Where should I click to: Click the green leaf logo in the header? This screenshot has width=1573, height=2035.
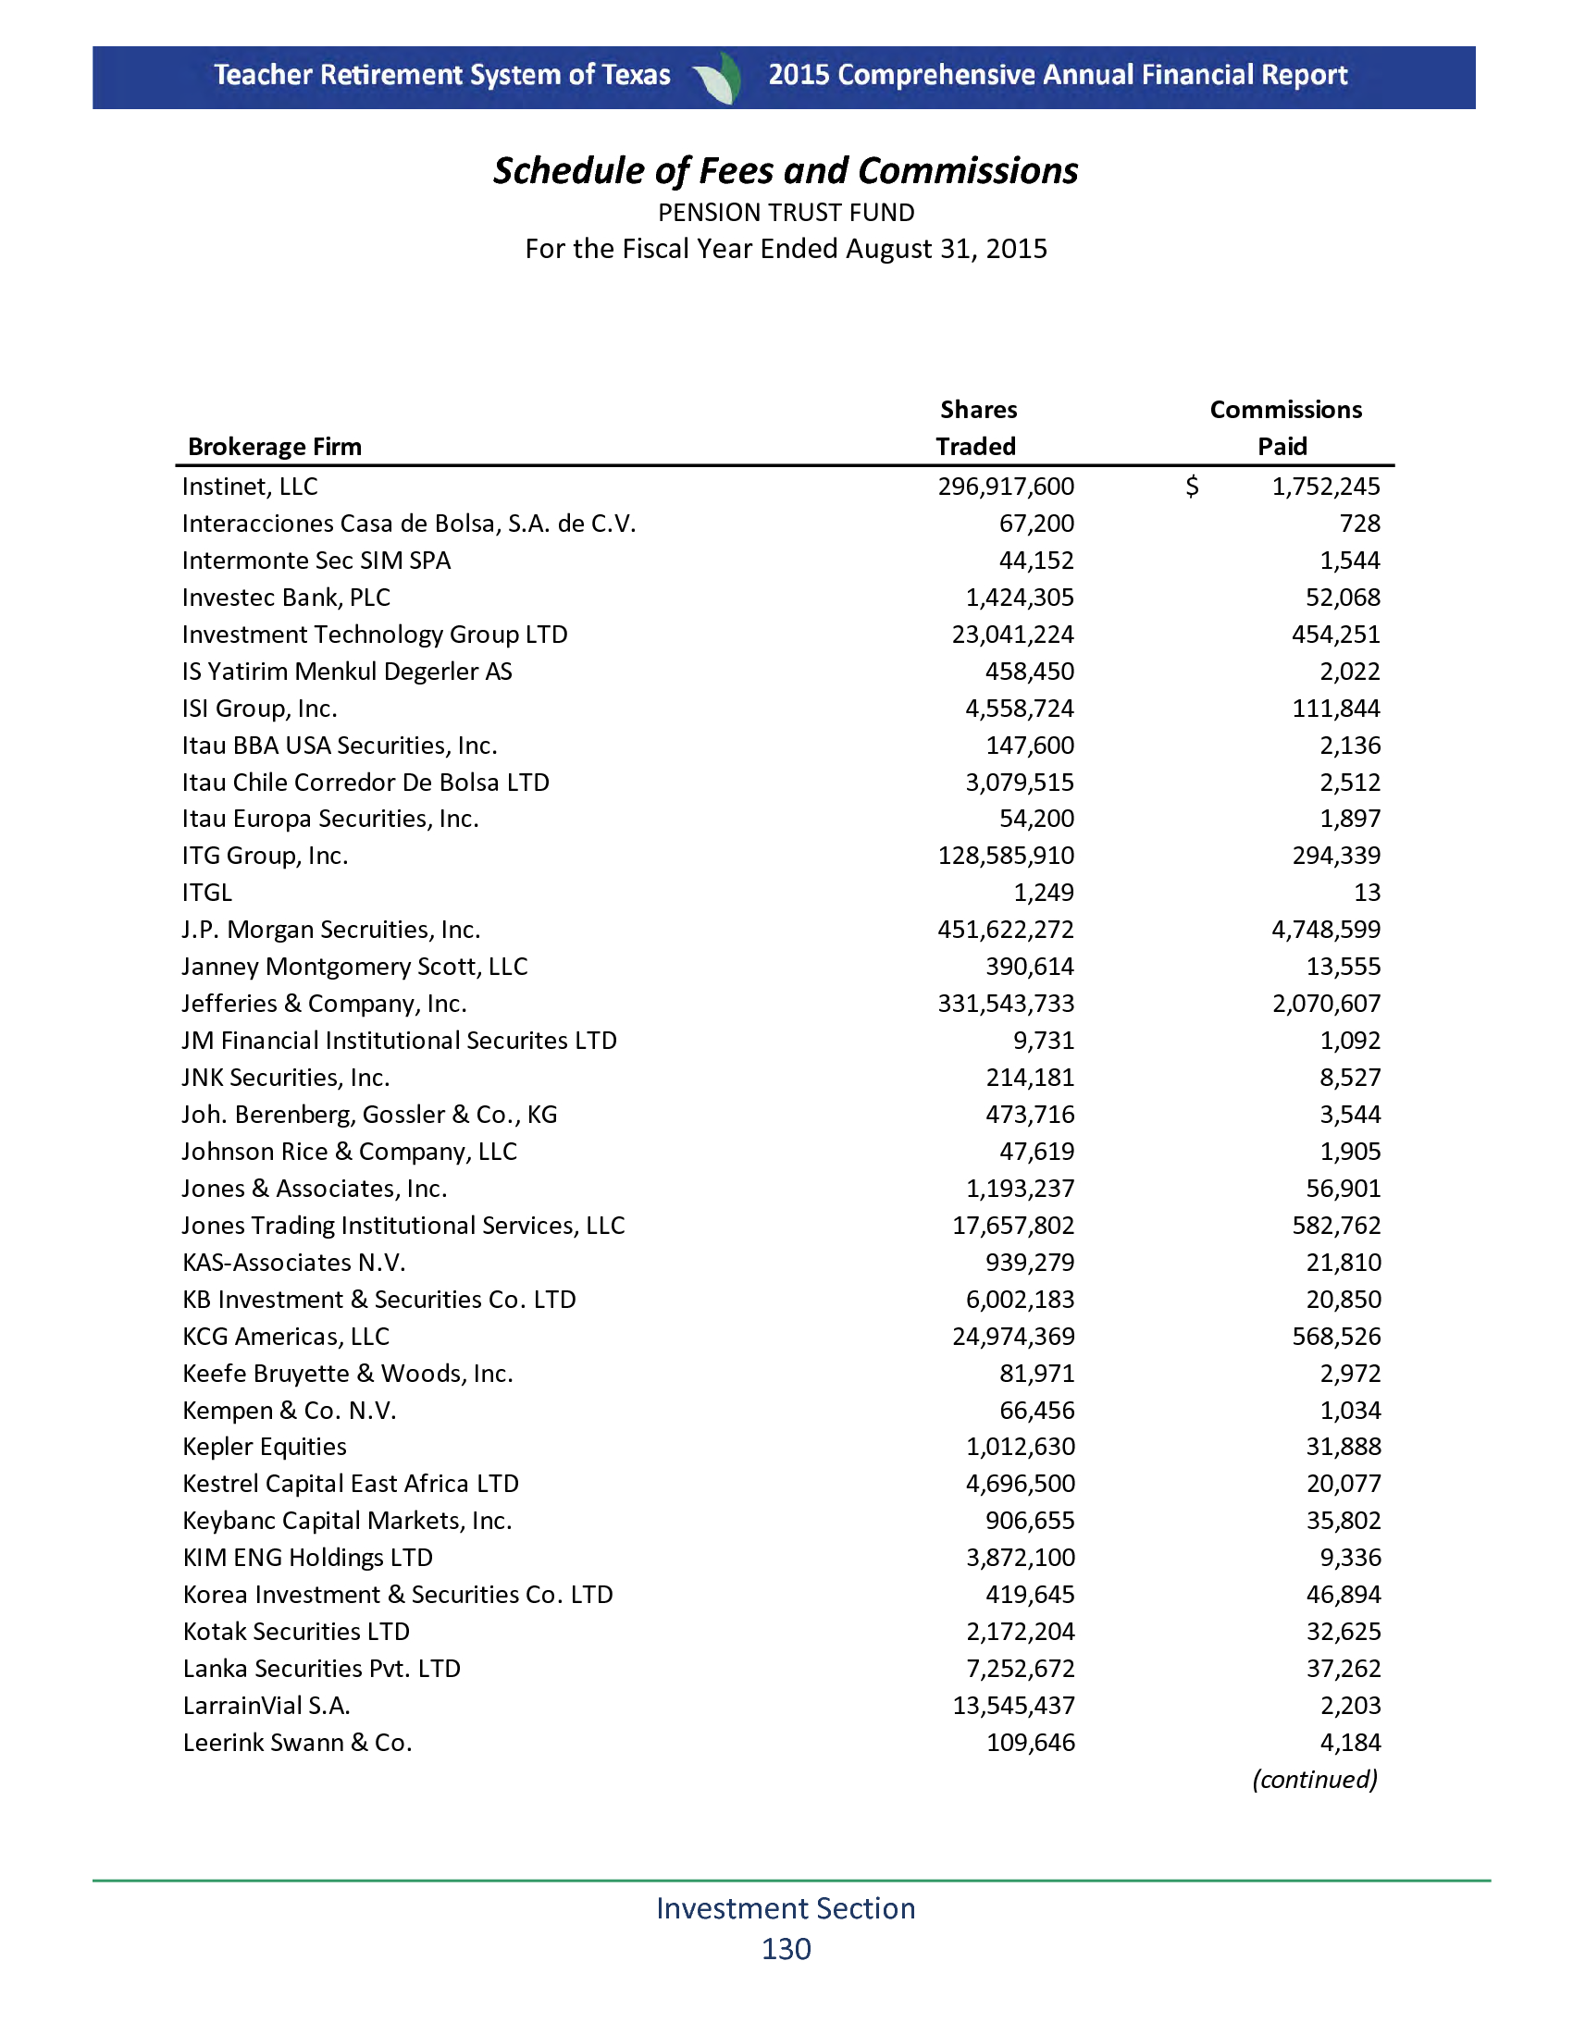pos(719,78)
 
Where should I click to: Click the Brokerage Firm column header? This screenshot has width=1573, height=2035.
pos(274,447)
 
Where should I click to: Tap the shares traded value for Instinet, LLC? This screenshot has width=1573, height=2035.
pos(1006,487)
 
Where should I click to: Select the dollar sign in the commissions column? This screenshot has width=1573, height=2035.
pos(1192,487)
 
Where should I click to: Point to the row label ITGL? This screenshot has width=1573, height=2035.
pos(207,893)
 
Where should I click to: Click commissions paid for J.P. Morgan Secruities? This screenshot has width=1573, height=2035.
pos(1326,929)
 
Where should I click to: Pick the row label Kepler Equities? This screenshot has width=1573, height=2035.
pos(265,1446)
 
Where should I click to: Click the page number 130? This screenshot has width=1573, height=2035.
pos(786,1948)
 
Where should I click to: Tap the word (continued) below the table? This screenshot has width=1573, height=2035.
pos(1314,1779)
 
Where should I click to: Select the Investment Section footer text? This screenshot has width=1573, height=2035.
pos(786,1907)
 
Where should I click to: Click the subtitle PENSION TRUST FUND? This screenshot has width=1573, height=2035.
pos(786,213)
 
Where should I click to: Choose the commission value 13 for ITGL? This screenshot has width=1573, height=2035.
pos(1366,893)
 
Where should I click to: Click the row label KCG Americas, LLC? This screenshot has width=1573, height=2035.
pos(286,1337)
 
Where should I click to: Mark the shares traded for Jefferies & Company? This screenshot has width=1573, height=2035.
pos(1006,1004)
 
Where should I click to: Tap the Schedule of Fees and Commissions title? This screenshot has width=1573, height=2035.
pos(786,170)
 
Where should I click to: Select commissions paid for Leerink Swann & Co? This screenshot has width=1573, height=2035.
pos(1350,1743)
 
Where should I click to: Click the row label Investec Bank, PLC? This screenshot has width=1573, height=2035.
pos(286,598)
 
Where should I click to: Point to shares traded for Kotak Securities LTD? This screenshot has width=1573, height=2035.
pos(1021,1632)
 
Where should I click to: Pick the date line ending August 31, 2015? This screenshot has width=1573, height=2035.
pos(786,249)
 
